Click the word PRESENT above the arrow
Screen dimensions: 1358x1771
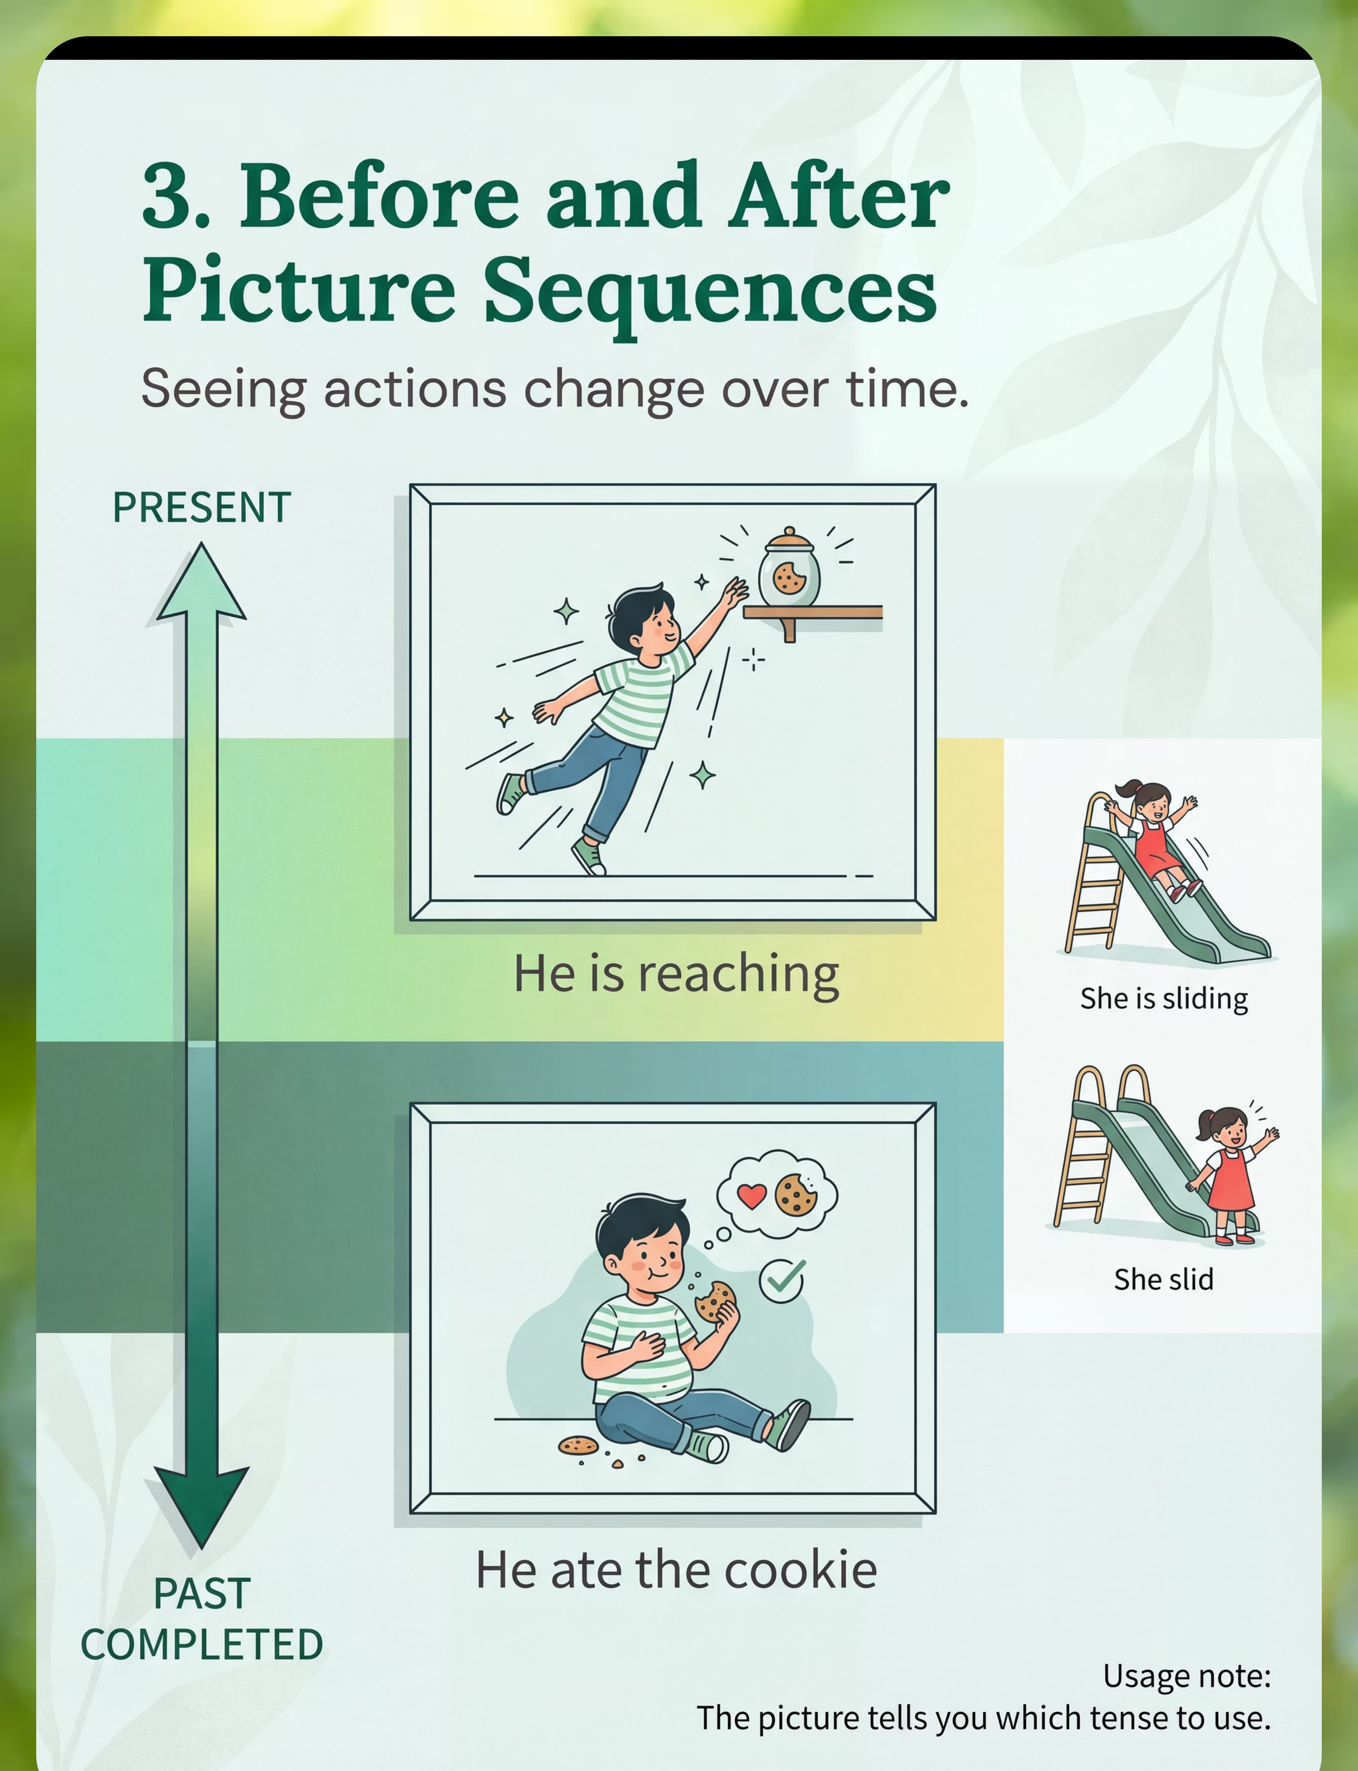[201, 508]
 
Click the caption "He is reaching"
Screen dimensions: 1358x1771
[676, 974]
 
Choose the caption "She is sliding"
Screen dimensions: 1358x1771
[1164, 999]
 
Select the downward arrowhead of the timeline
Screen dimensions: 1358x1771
[201, 1506]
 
